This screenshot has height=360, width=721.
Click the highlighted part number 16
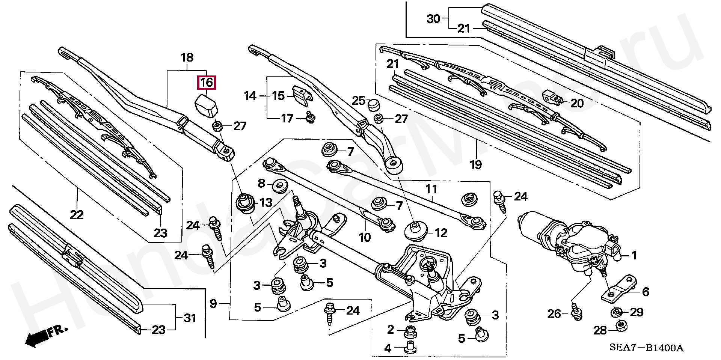tap(207, 83)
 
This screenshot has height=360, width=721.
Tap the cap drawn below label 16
tap(206, 106)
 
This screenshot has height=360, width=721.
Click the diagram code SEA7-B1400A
tap(646, 348)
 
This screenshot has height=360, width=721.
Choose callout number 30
tap(433, 18)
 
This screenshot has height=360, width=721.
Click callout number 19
tap(476, 164)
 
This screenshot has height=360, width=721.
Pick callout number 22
tap(77, 215)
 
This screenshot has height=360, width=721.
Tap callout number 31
tap(190, 318)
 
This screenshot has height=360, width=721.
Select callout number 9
tap(213, 303)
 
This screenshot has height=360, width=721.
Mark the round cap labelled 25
tap(373, 105)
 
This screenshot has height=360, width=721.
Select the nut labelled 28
tap(621, 325)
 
